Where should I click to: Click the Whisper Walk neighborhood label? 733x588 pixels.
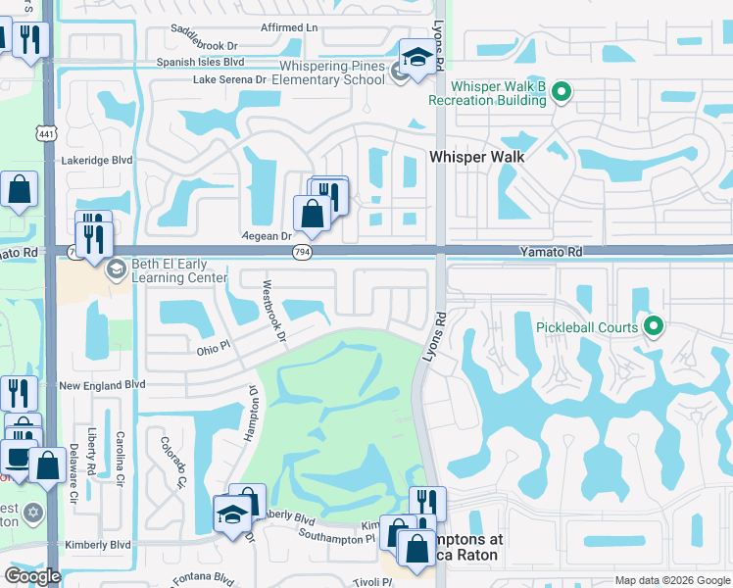click(x=477, y=157)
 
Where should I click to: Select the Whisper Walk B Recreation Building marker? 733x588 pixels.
click(x=562, y=94)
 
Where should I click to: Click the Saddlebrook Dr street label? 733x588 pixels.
click(x=205, y=45)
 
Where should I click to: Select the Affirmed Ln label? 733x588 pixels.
click(x=289, y=27)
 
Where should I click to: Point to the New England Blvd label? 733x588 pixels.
click(x=102, y=386)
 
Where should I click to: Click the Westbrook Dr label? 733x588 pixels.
click(x=272, y=313)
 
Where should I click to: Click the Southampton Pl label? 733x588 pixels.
click(x=336, y=537)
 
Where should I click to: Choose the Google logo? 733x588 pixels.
click(x=32, y=576)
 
